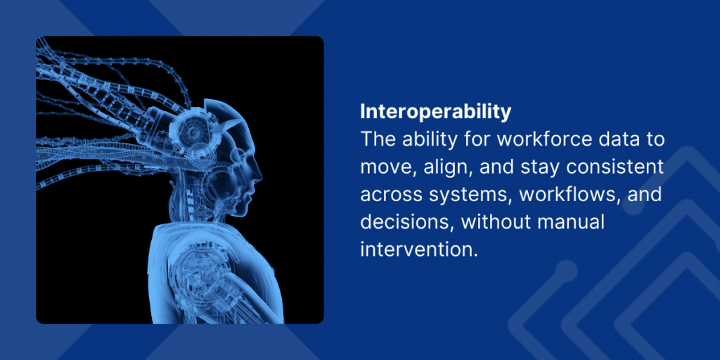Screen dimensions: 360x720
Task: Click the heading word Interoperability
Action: [x=435, y=112]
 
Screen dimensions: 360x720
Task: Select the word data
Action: [x=610, y=139]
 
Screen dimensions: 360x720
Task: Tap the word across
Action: [x=392, y=195]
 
